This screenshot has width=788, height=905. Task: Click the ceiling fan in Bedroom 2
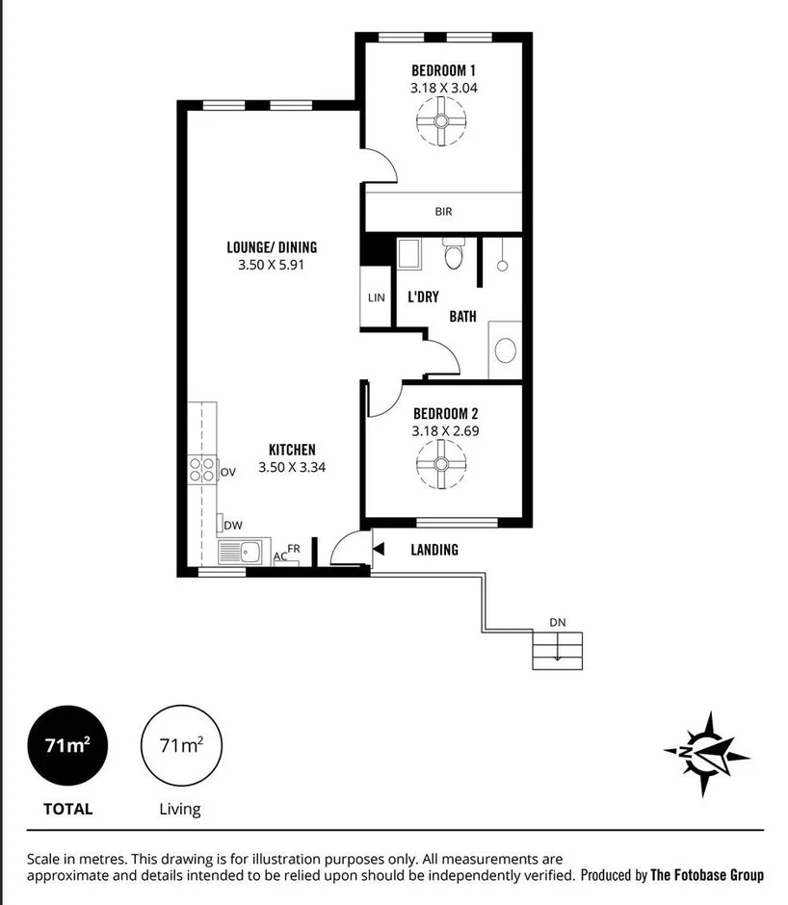441,464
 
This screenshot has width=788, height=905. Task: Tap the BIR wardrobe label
443,212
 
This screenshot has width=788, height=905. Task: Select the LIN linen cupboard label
376,298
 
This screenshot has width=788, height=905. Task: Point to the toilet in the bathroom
453,256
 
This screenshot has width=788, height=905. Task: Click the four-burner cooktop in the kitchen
202,470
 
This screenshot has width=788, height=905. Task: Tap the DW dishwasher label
232,525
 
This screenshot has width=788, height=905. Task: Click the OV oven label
228,472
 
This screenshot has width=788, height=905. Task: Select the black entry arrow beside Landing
379,550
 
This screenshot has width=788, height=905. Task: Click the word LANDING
434,550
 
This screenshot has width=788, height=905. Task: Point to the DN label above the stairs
557,622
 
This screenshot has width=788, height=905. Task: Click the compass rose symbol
706,754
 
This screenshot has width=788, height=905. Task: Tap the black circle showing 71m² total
67,745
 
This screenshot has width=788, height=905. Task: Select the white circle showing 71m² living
180,745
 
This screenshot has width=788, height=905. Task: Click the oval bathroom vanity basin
505,350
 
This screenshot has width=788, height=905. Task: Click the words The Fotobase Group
707,875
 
